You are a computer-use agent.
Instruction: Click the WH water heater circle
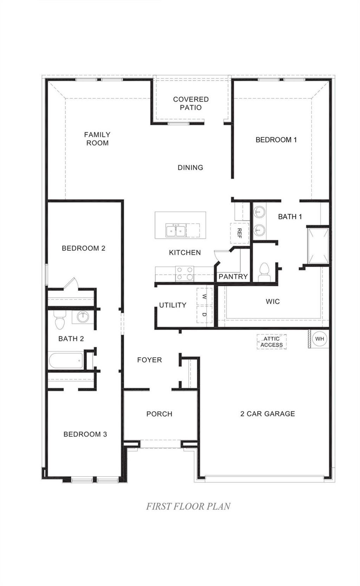(x=320, y=339)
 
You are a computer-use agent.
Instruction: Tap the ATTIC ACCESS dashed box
(x=271, y=342)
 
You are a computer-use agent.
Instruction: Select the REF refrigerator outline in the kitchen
(x=239, y=233)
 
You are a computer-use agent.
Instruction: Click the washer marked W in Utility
(x=204, y=297)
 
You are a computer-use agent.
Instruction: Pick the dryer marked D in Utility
(x=204, y=314)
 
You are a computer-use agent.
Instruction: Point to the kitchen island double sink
(x=176, y=231)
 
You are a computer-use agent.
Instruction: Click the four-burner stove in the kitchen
(x=185, y=273)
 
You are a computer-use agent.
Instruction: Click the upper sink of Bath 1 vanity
(x=259, y=212)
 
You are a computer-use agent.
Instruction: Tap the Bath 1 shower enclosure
(x=318, y=246)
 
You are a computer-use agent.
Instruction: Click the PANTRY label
(x=233, y=276)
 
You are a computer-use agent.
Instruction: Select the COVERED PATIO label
(x=191, y=103)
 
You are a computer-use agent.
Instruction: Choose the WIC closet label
(x=273, y=301)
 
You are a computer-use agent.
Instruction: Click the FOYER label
(x=149, y=360)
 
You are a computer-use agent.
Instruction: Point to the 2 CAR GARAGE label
(x=268, y=414)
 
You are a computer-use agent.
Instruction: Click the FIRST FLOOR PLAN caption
(x=188, y=506)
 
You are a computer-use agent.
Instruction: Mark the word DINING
(x=190, y=167)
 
